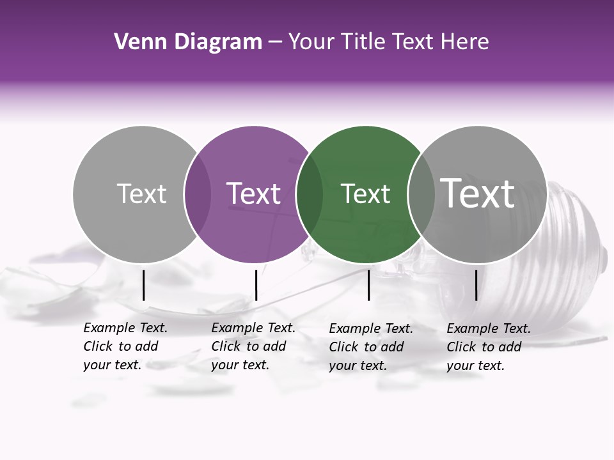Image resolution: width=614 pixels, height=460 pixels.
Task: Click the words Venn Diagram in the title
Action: point(188,42)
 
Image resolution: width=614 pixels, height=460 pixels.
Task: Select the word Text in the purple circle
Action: point(254,194)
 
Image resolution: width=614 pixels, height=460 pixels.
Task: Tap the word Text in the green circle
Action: point(365,194)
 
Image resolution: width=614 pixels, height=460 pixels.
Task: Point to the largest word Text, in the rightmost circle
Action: point(478,193)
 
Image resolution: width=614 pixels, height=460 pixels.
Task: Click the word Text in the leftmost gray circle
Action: point(141,194)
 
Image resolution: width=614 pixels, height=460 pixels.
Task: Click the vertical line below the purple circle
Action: point(256,285)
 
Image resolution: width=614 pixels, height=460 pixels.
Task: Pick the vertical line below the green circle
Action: point(369,285)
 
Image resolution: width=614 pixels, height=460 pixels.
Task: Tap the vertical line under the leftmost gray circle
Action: point(143,285)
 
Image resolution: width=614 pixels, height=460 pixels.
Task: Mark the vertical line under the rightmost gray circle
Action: point(476,285)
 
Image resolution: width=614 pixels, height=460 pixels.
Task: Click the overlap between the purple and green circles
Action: point(310,194)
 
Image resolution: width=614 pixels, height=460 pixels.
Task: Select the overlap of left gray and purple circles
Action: point(198,194)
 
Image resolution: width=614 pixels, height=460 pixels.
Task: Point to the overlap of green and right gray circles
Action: point(420,194)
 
